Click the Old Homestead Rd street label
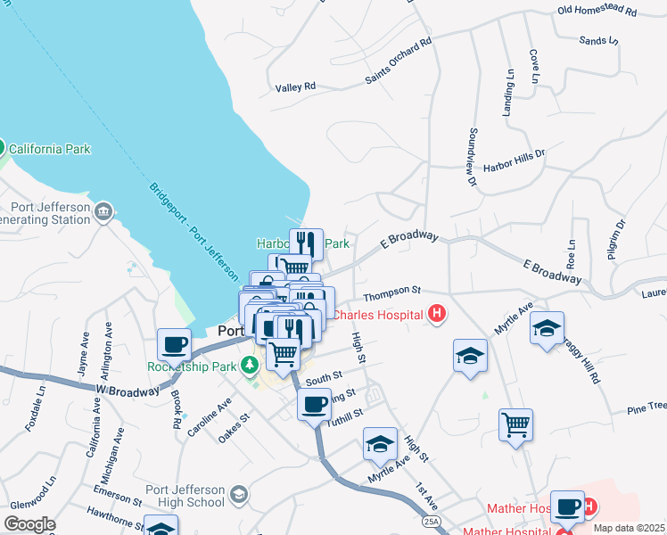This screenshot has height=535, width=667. point(597,12)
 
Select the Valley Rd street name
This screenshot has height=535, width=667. point(296,86)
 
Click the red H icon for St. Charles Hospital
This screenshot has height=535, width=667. point(437,313)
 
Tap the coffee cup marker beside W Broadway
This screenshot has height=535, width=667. point(175,344)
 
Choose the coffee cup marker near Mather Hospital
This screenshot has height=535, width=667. point(567,507)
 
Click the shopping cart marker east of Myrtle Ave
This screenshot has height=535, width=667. point(515,424)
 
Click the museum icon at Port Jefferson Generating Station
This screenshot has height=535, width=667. point(103,210)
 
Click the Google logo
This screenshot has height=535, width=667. point(29,524)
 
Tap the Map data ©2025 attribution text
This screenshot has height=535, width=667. point(630,528)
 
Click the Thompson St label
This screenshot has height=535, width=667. point(391,291)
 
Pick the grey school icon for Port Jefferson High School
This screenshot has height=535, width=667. point(238,494)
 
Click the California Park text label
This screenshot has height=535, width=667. point(49,148)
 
